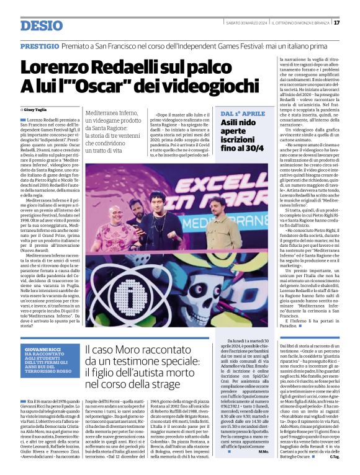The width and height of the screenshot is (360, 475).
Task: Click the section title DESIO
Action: [42, 25]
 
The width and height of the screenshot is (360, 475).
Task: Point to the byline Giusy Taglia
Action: [38, 110]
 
